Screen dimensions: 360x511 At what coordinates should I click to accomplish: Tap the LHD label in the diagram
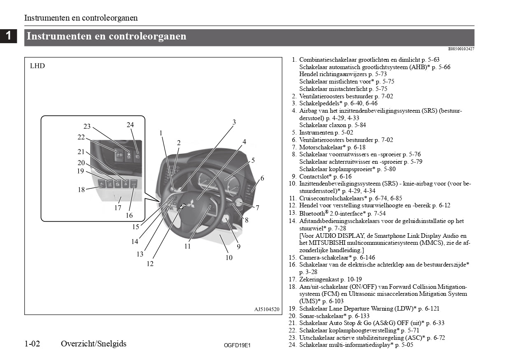coord(37,66)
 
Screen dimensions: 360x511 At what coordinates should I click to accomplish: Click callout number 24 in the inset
coord(130,125)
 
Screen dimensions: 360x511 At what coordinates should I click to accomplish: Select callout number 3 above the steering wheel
coord(234,122)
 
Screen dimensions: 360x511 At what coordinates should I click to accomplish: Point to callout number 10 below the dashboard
coord(229,258)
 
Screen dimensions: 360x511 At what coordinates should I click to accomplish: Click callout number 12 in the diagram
coord(150,264)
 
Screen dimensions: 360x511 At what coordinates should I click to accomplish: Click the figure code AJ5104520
coord(267,309)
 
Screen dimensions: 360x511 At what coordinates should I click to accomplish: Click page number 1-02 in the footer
coord(32,344)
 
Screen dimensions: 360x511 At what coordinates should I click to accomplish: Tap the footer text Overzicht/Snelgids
coord(93,344)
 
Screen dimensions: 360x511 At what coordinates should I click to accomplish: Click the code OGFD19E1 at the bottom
coord(237,346)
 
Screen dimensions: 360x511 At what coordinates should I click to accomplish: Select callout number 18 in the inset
coord(82,190)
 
